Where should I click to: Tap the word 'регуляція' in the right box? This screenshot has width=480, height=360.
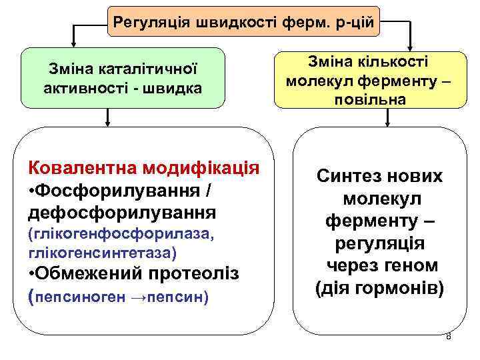pyautogui.click(x=379, y=243)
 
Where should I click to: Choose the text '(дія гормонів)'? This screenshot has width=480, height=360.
pyautogui.click(x=379, y=288)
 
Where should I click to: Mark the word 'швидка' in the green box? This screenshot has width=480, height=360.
pyautogui.click(x=167, y=87)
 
